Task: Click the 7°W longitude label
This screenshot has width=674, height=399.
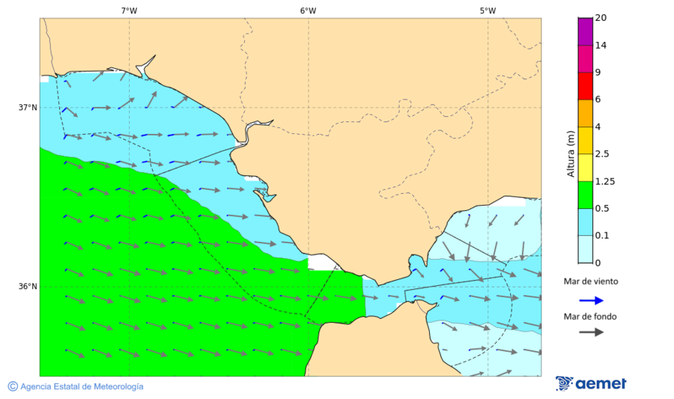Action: pyautogui.click(x=129, y=10)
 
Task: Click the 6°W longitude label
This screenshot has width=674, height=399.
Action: pyautogui.click(x=308, y=10)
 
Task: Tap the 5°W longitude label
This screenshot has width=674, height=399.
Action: pyautogui.click(x=488, y=10)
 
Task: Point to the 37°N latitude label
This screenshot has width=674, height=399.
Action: pyautogui.click(x=28, y=107)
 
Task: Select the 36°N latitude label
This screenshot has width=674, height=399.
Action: pyautogui.click(x=28, y=286)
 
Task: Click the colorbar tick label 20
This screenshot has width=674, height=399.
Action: pyautogui.click(x=601, y=18)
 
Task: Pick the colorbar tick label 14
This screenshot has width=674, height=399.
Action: pyautogui.click(x=601, y=45)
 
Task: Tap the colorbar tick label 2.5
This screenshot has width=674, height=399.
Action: pyautogui.click(x=602, y=154)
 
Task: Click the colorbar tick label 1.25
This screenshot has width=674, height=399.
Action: pyautogui.click(x=604, y=181)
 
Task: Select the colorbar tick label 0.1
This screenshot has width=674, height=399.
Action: pyautogui.click(x=602, y=236)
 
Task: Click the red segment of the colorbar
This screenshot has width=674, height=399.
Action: pyautogui.click(x=585, y=85)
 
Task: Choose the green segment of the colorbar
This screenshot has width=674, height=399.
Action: pyautogui.click(x=585, y=195)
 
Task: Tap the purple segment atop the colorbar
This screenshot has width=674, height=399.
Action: pyautogui.click(x=585, y=31)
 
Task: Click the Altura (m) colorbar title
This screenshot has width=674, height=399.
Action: pyautogui.click(x=571, y=153)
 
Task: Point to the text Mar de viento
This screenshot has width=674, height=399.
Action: pyautogui.click(x=591, y=281)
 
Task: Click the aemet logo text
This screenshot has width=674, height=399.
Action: pyautogui.click(x=601, y=384)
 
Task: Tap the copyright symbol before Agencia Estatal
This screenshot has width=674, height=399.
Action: pyautogui.click(x=13, y=386)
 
